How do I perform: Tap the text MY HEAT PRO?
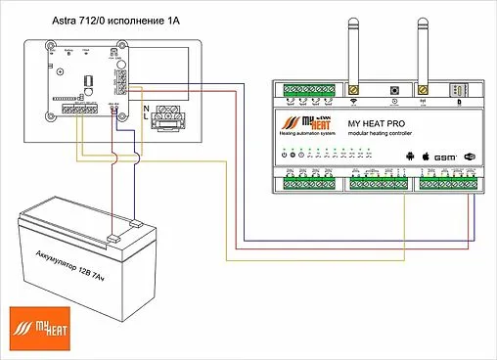tap(376, 124)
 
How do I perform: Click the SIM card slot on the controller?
tap(455, 90)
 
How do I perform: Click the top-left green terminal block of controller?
tap(304, 91)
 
